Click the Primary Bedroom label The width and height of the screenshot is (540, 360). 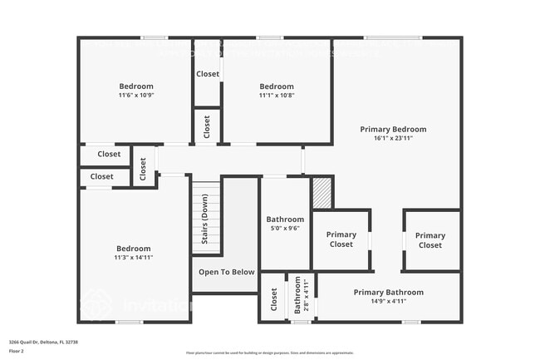pos(393,129)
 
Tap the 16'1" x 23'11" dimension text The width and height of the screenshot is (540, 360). pos(393,138)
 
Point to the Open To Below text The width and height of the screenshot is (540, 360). pos(226,272)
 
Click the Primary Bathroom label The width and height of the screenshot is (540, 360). pos(388,292)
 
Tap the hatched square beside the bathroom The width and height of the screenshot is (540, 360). pos(322,193)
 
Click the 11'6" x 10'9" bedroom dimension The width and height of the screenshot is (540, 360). pos(136,96)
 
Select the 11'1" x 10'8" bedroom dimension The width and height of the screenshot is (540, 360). pos(277,96)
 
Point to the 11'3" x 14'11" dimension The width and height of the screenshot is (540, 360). pos(134,258)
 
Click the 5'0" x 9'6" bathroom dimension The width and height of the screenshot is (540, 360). pos(285,229)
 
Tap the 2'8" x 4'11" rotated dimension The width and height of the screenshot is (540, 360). pos(306,297)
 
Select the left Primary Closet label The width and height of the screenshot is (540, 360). pos(341,239)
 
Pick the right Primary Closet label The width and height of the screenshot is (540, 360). pos(430,239)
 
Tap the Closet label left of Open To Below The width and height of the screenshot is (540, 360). pos(274,303)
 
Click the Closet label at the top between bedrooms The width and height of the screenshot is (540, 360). pos(208,74)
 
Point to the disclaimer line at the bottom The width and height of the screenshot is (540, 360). pos(270,353)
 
